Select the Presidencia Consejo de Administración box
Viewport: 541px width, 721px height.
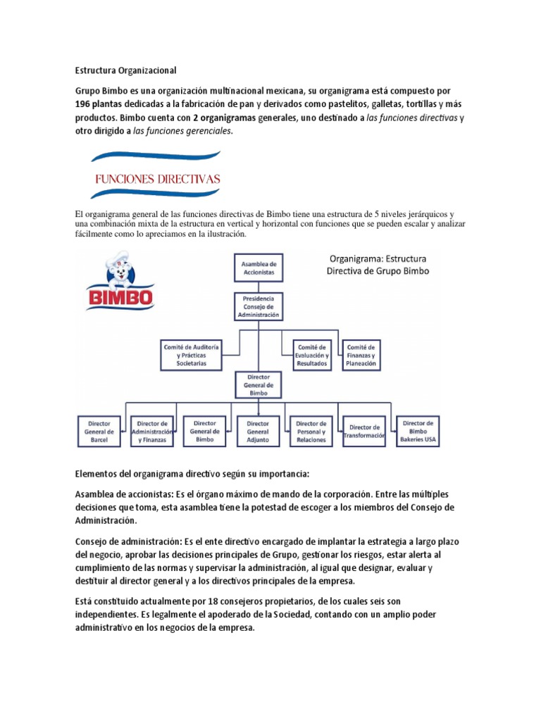pos(258,308)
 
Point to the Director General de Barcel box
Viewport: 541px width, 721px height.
pos(99,431)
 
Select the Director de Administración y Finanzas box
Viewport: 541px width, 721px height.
pos(153,431)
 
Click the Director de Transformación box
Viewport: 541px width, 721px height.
pos(364,431)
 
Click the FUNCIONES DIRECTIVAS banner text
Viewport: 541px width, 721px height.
pos(158,179)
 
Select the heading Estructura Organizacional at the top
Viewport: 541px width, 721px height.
pos(125,70)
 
